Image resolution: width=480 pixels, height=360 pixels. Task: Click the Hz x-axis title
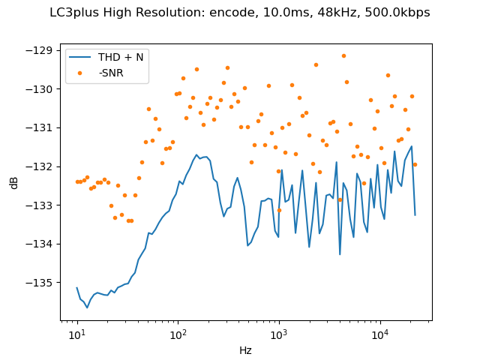click(x=246, y=350)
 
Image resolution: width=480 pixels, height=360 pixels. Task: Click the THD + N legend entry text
click(x=121, y=57)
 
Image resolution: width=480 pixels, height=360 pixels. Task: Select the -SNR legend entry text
click(x=111, y=72)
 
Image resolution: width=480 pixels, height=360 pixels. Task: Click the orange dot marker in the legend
click(x=82, y=72)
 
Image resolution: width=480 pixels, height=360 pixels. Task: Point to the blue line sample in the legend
click(x=82, y=57)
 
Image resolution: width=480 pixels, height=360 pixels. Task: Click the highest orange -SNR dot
click(x=343, y=55)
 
